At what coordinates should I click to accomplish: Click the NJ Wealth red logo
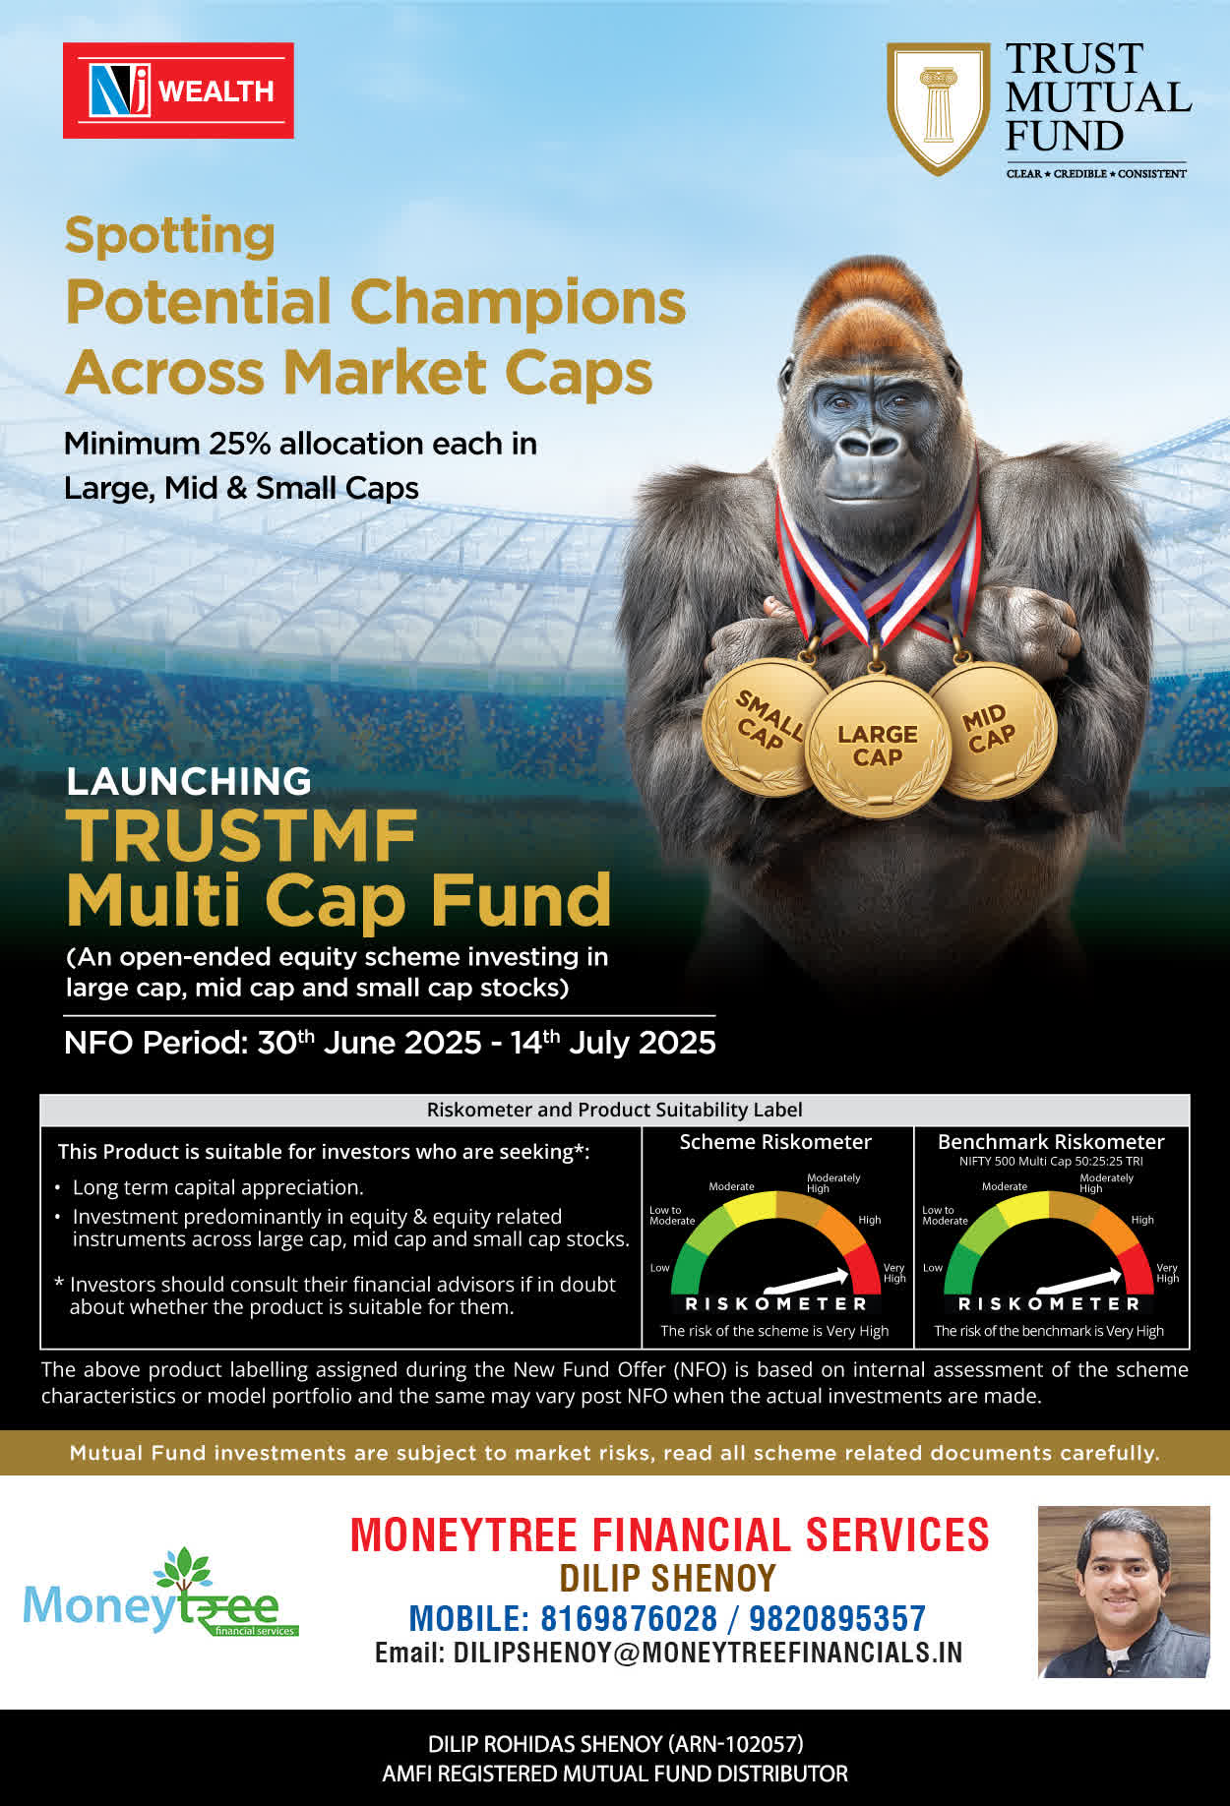point(178,90)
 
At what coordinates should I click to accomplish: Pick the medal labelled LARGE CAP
point(877,746)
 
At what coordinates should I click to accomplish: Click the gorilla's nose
point(869,443)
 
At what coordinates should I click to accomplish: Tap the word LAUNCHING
point(189,781)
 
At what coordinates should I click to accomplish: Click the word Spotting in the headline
point(169,236)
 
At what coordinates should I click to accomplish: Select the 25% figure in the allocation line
point(239,444)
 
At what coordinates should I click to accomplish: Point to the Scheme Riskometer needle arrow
point(806,1280)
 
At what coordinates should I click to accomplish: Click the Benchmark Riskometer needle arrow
point(1079,1280)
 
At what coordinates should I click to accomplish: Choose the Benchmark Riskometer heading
point(1051,1142)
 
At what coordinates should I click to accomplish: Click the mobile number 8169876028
point(629,1618)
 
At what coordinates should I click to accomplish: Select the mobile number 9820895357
point(837,1618)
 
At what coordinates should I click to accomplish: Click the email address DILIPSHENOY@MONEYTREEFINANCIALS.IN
point(707,1653)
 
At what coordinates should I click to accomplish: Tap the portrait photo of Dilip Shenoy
point(1124,1592)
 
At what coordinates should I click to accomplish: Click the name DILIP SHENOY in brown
point(668,1578)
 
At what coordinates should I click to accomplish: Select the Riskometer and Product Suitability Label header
point(615,1110)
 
